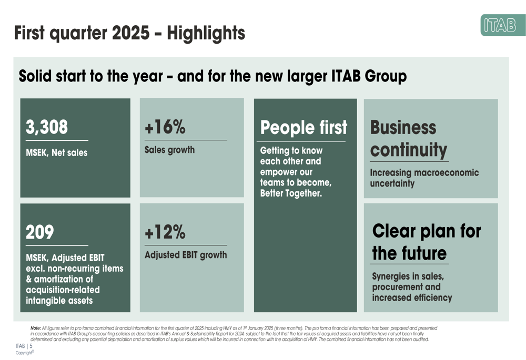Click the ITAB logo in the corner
pos(502,25)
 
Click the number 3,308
pos(47,127)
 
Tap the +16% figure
pos(165,127)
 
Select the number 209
pos(40,232)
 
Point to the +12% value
pos(165,232)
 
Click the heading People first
pos(304,128)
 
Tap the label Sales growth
pos(169,150)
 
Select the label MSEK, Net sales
pos(57,153)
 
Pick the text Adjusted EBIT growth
pos(186,255)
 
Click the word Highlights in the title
pos(206,33)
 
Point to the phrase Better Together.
pos(290,194)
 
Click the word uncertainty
pos(392,183)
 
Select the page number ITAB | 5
pos(24,346)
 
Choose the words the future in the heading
pos(409,253)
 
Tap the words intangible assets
pos(59,301)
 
